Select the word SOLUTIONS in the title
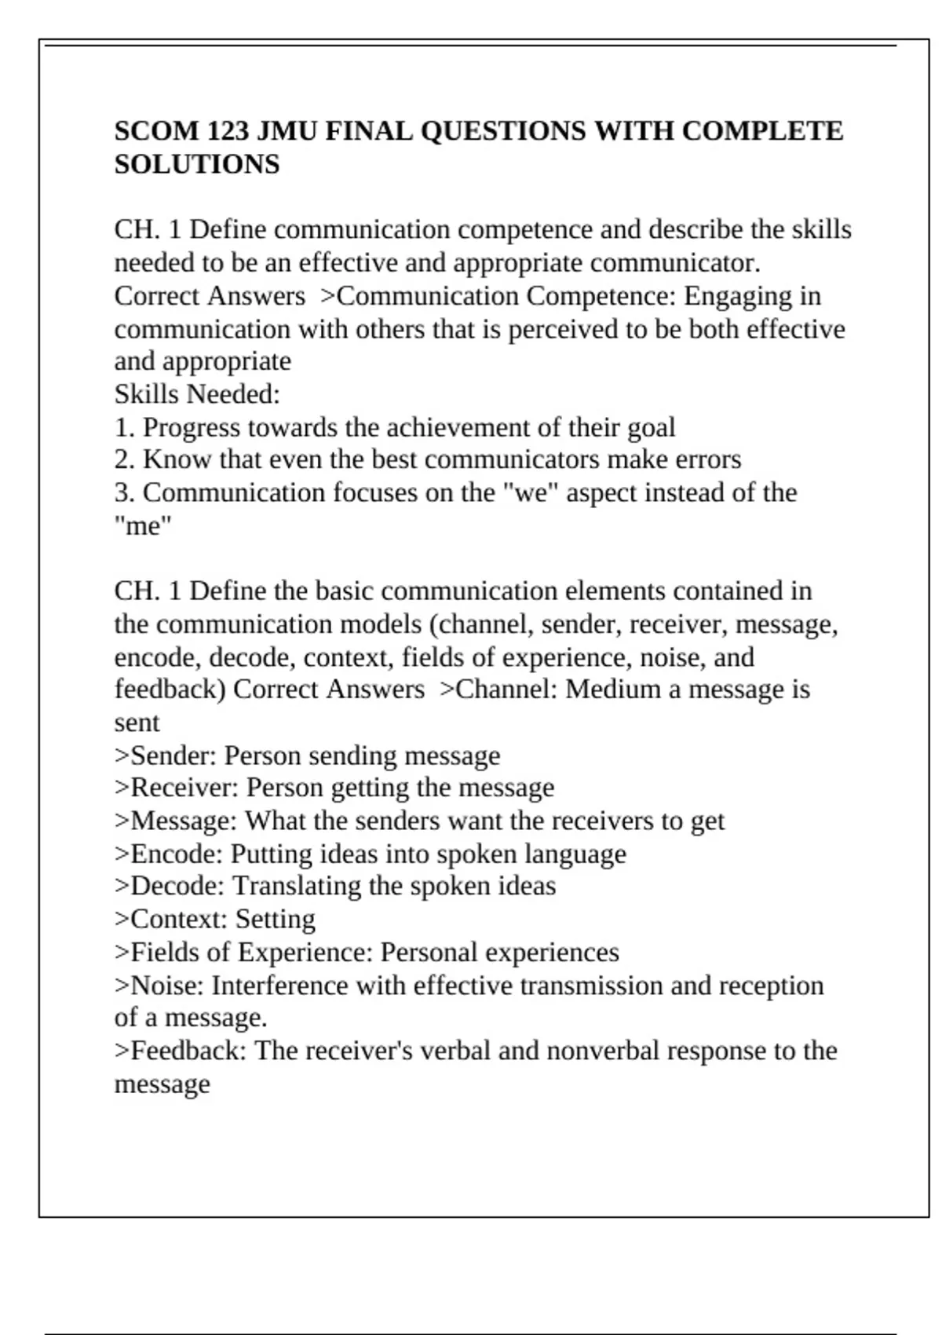(x=197, y=164)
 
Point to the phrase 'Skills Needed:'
(x=197, y=394)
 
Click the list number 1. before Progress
(x=125, y=427)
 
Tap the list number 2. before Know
(x=125, y=459)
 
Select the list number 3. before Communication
(x=125, y=492)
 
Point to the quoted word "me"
(x=142, y=525)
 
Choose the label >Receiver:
(x=176, y=788)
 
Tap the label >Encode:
(x=169, y=854)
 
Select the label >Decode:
(x=170, y=886)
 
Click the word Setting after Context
(x=276, y=919)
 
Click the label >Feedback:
(x=181, y=1051)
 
